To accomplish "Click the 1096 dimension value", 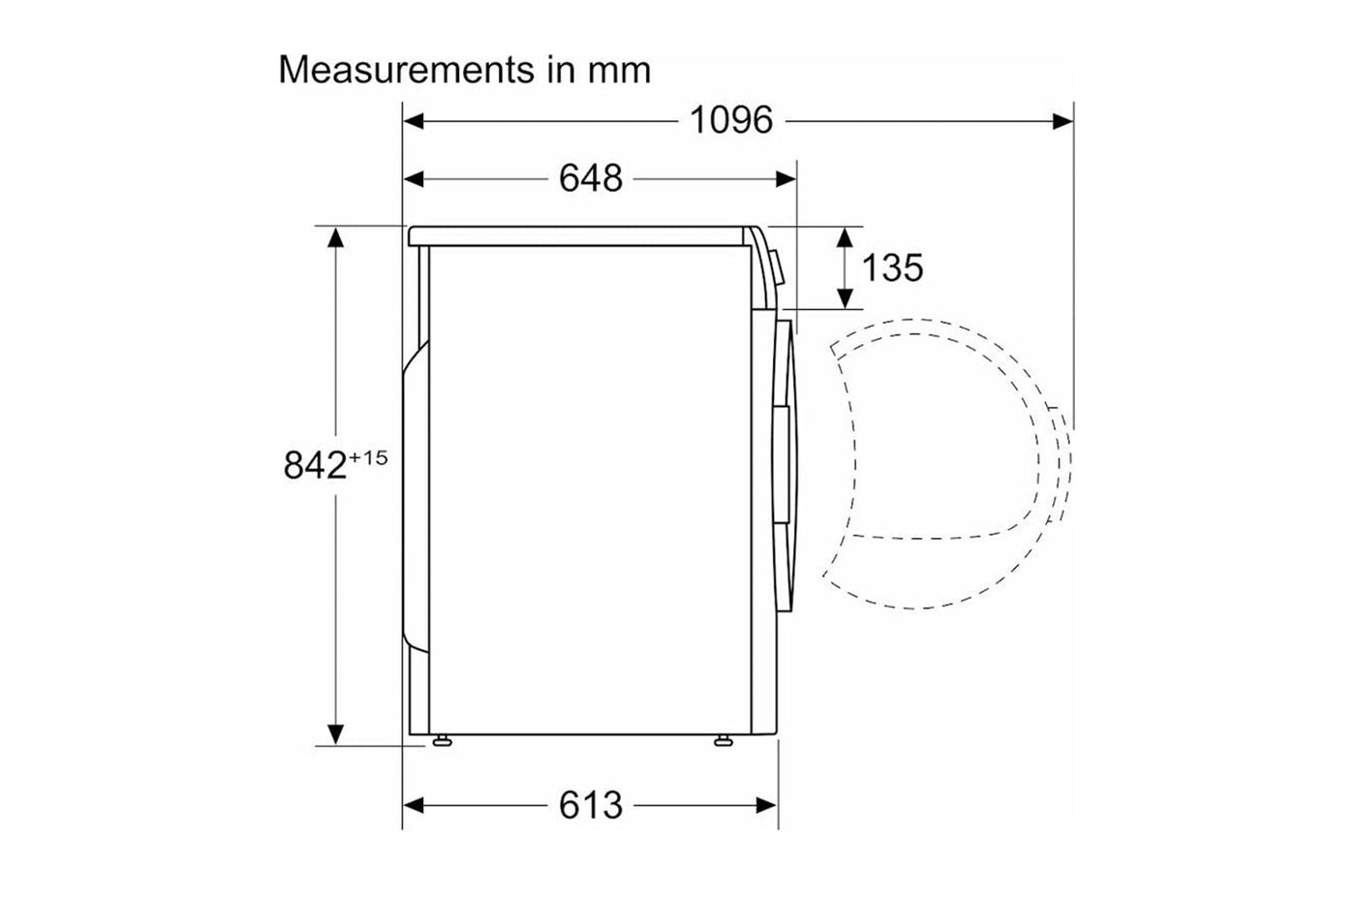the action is pos(731,120).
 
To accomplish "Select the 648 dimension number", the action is pos(590,178).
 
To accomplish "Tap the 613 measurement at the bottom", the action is pos(590,805).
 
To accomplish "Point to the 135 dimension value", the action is pos(892,267).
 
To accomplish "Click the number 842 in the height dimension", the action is pos(315,465).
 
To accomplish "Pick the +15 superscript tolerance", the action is pos(368,457).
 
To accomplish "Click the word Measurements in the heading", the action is pos(406,70).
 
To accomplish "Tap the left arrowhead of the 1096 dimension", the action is pos(414,121).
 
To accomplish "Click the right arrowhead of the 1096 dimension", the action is pos(1063,121).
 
